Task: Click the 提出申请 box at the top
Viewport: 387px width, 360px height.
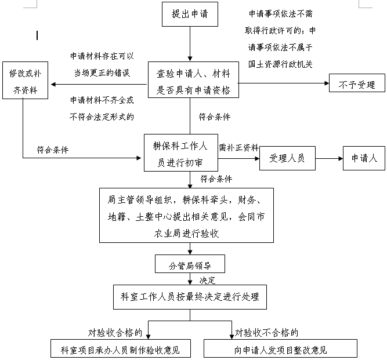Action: click(x=190, y=14)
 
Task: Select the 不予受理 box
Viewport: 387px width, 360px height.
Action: click(x=357, y=83)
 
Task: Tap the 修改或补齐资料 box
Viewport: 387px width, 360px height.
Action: click(x=25, y=81)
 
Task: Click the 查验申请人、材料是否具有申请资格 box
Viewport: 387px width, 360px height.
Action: click(x=193, y=79)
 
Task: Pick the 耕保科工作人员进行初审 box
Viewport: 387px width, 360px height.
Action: click(x=181, y=152)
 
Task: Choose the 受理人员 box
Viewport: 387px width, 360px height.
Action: click(x=287, y=158)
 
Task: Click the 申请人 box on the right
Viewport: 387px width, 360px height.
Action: click(x=364, y=158)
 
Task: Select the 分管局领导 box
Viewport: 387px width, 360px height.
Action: click(x=190, y=264)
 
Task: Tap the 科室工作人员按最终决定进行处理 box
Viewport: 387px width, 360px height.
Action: click(x=190, y=297)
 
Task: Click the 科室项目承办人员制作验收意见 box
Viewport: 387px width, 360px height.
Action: click(x=121, y=348)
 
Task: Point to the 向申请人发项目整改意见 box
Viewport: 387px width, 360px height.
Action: click(x=280, y=348)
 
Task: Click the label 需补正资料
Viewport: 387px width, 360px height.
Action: click(x=238, y=148)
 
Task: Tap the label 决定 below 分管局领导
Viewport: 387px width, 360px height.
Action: click(x=207, y=281)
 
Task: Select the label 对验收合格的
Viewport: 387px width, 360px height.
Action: click(x=115, y=333)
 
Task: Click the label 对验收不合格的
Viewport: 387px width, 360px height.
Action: click(x=266, y=333)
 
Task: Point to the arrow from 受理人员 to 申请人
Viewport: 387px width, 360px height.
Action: click(x=329, y=158)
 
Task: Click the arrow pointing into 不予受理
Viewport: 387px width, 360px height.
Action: click(x=284, y=83)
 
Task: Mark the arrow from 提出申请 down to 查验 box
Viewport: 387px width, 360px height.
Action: click(x=190, y=43)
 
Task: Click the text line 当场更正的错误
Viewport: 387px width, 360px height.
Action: click(x=102, y=73)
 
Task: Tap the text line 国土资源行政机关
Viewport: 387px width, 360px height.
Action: click(x=280, y=64)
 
